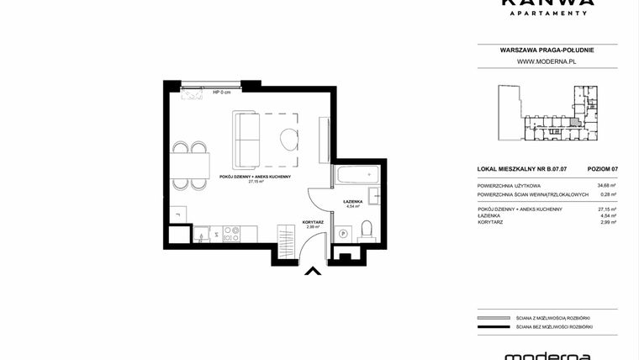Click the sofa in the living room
pos(248,139)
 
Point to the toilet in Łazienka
pos(366,229)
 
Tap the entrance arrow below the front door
pos(312,271)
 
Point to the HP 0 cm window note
pos(221,93)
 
